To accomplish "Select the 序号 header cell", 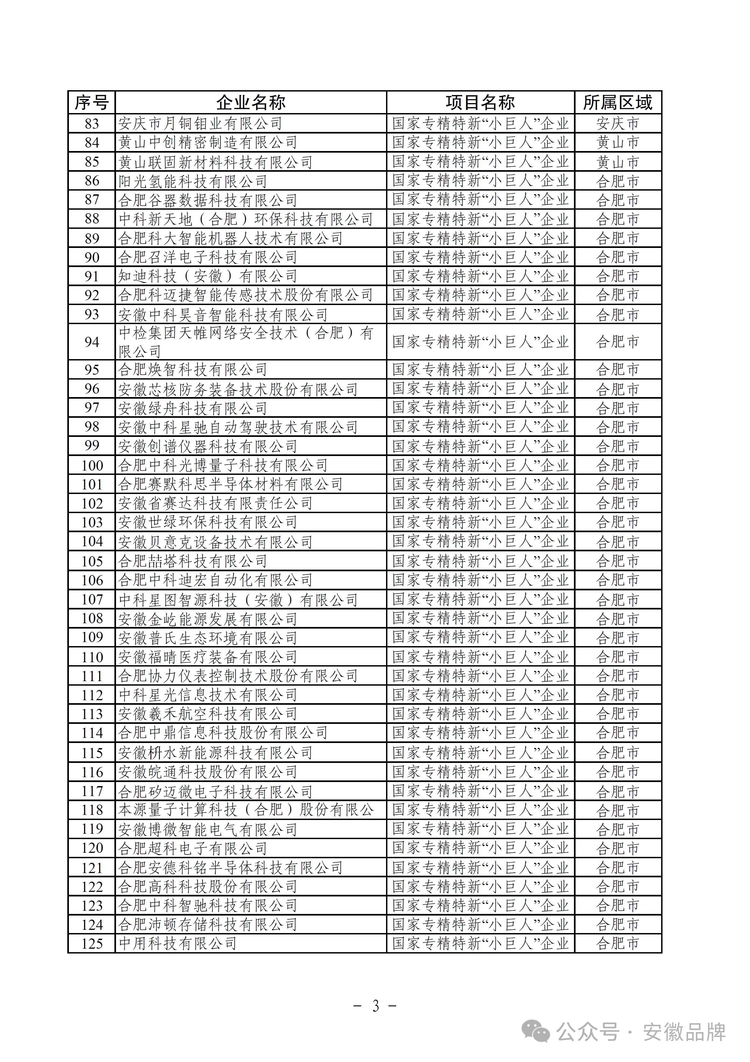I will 92,102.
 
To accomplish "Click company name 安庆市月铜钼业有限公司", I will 200,124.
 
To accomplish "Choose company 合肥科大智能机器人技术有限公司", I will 230,238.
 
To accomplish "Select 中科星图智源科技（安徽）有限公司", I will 238,600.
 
